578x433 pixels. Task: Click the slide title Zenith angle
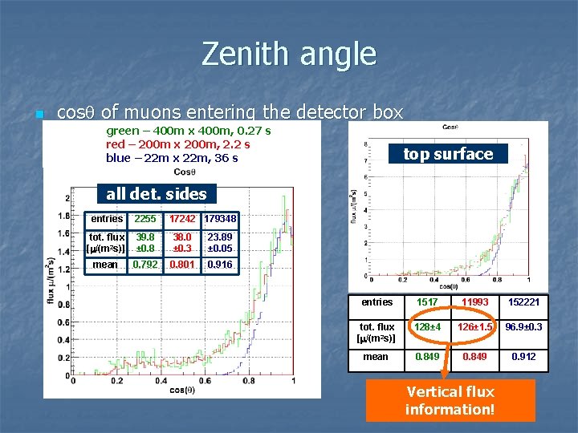(289, 55)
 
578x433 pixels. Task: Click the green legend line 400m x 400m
(188, 130)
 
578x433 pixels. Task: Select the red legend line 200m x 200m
(177, 144)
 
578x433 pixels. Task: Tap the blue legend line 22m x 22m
(172, 158)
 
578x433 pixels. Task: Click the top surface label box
(448, 154)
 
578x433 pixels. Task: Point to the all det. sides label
(157, 193)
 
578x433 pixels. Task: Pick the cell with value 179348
(220, 219)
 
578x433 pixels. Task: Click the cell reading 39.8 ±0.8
(145, 242)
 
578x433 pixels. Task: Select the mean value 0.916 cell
(220, 265)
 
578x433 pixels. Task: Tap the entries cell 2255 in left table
(145, 219)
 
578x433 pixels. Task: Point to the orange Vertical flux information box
(450, 399)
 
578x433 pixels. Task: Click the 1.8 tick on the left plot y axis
(63, 215)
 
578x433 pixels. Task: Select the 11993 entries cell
(474, 302)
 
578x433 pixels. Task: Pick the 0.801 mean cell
(182, 265)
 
